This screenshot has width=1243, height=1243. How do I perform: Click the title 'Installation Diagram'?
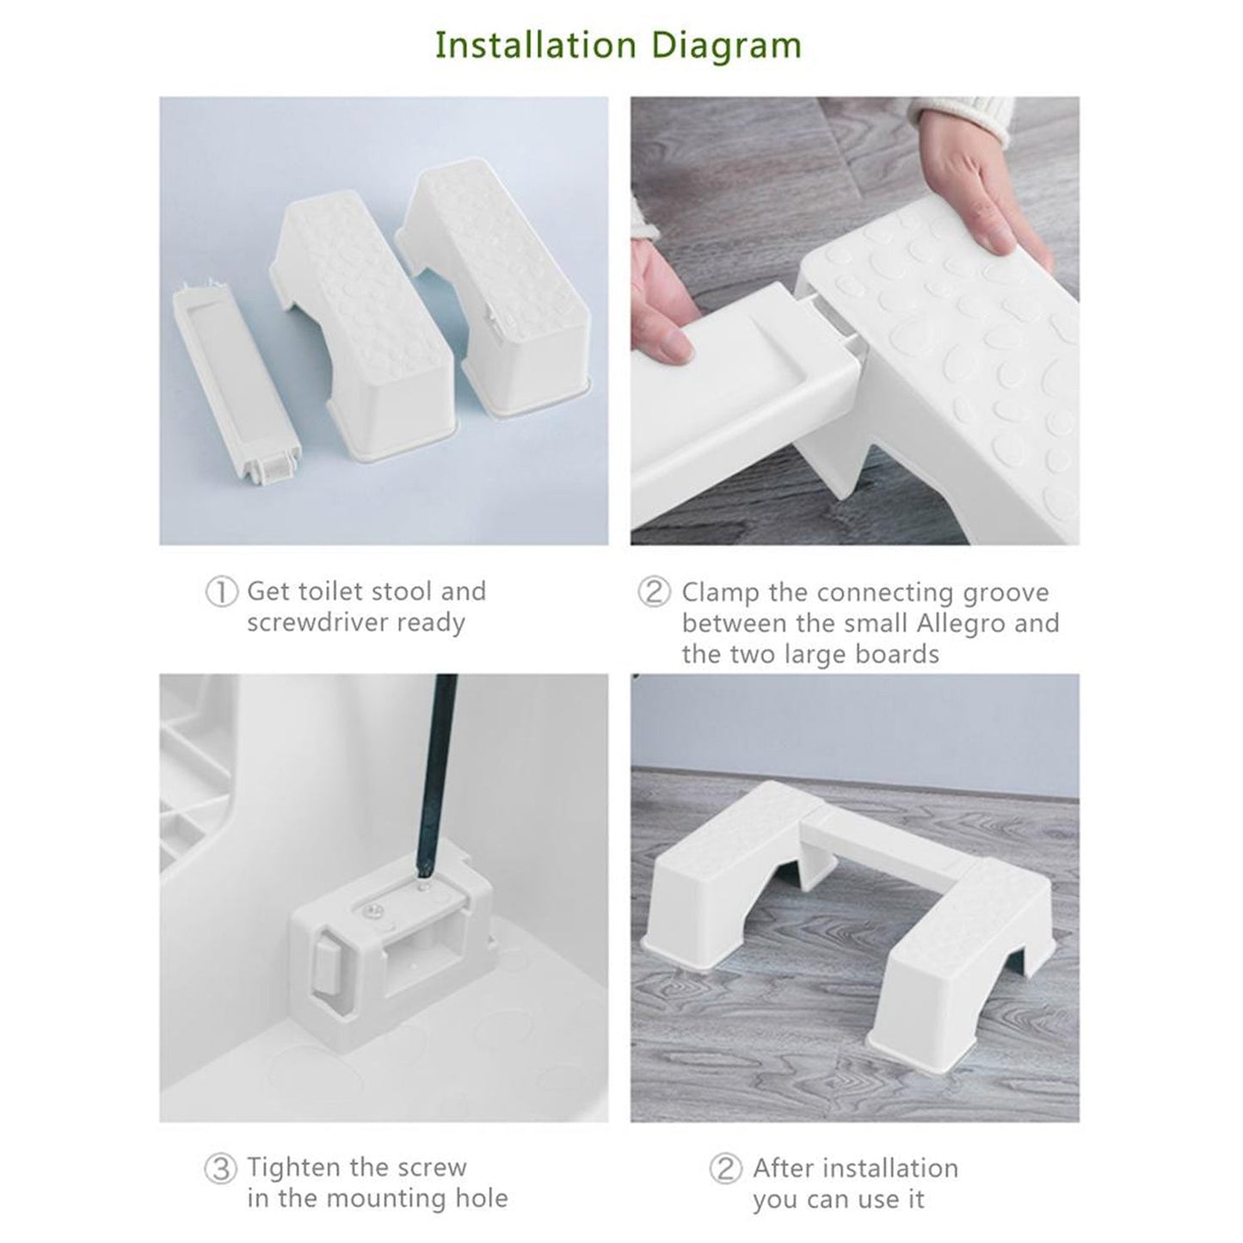point(618,45)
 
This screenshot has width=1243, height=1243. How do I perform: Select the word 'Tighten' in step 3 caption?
point(296,1167)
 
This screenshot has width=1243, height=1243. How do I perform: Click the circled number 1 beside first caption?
point(221,592)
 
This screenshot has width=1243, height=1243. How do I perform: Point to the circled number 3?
point(220,1169)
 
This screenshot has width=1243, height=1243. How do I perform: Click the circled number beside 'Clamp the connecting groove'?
point(654,593)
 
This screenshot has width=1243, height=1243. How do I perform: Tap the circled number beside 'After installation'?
point(725,1169)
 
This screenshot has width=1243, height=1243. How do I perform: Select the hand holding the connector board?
point(662,301)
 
